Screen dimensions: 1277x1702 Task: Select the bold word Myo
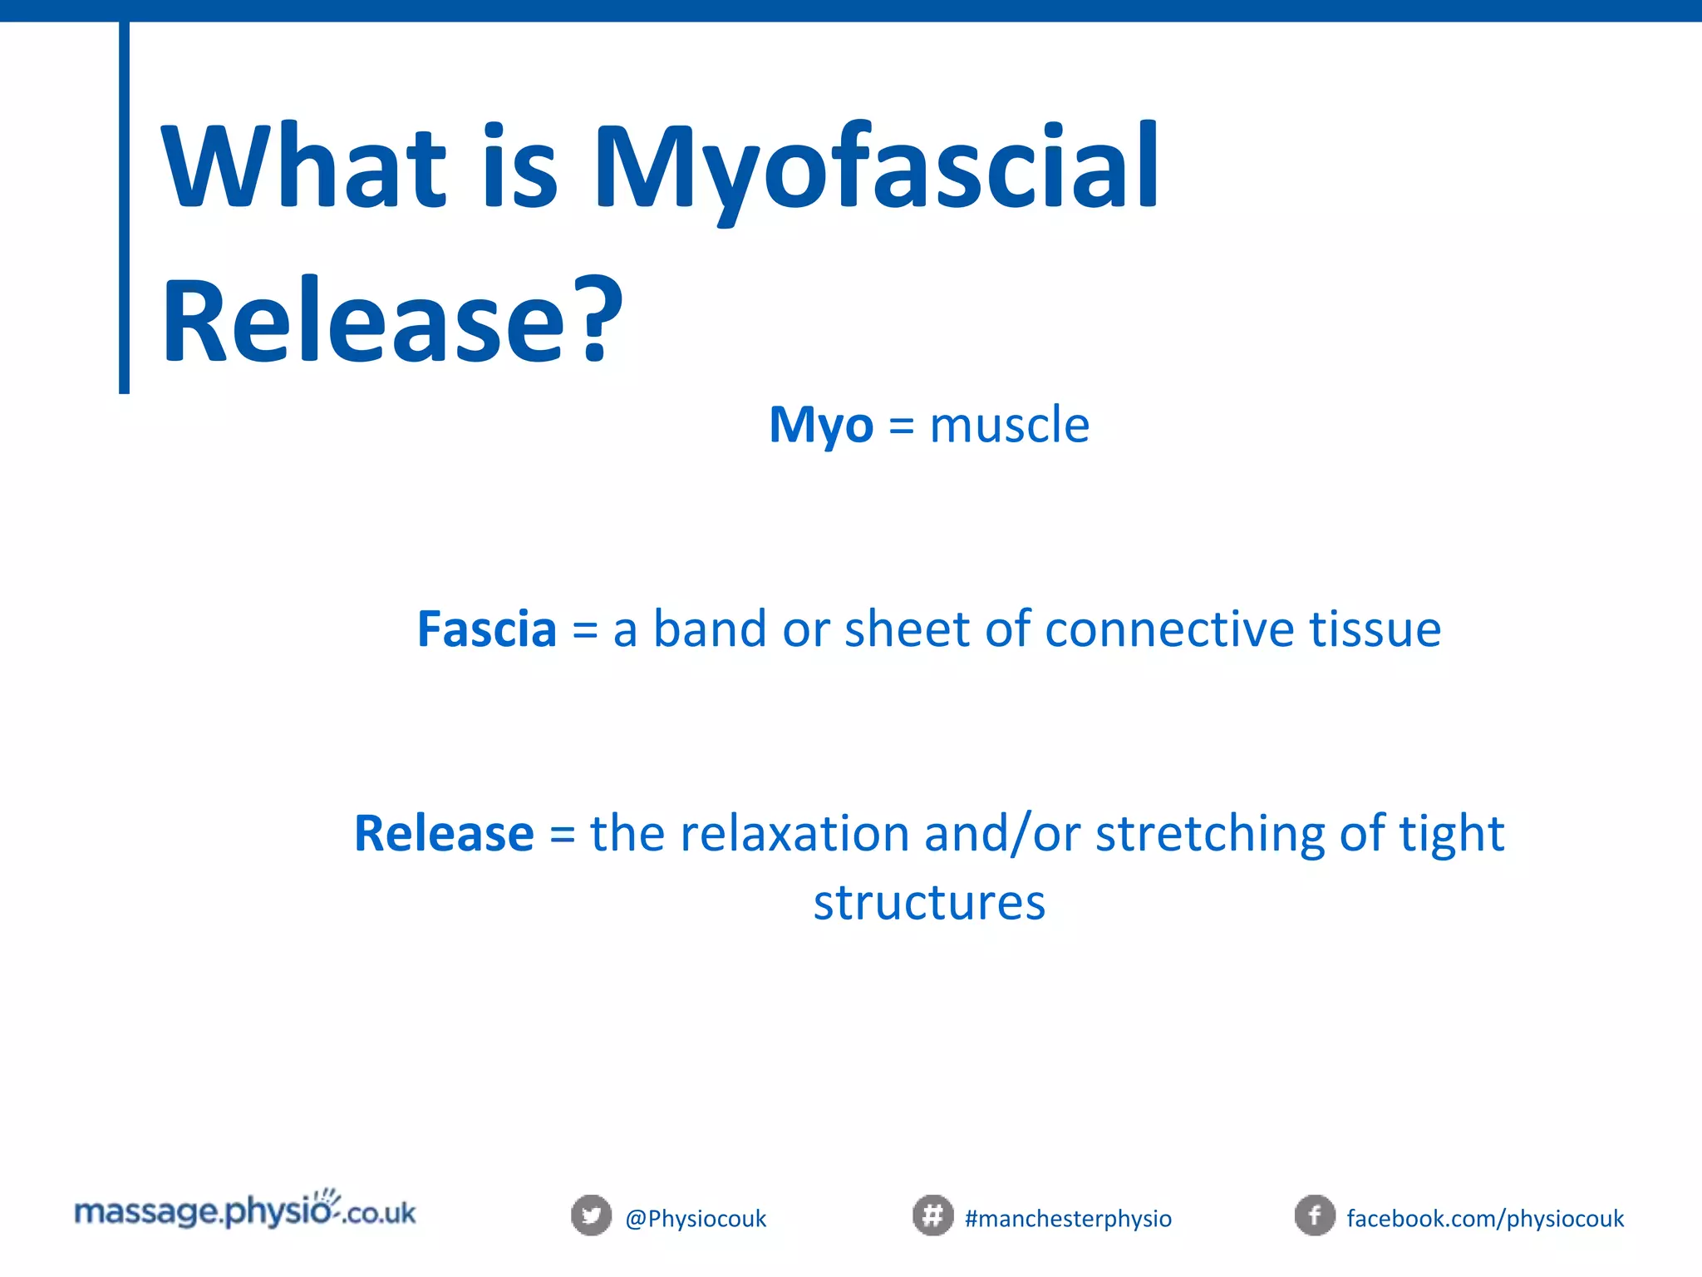[x=820, y=426]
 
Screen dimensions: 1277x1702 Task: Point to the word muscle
[x=1009, y=426]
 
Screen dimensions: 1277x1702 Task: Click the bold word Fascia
[x=487, y=629]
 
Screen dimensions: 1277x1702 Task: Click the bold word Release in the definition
[x=444, y=834]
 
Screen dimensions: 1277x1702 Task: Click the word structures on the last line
[x=929, y=903]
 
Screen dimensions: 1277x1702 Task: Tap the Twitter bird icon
[x=591, y=1216]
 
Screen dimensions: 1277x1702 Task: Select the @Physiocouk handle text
[x=696, y=1219]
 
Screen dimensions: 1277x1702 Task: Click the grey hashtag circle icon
[x=932, y=1216]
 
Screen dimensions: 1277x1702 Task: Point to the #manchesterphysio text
[x=1068, y=1219]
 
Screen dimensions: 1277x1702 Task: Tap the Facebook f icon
[x=1315, y=1216]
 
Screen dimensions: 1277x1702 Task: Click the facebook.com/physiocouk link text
[x=1485, y=1219]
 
